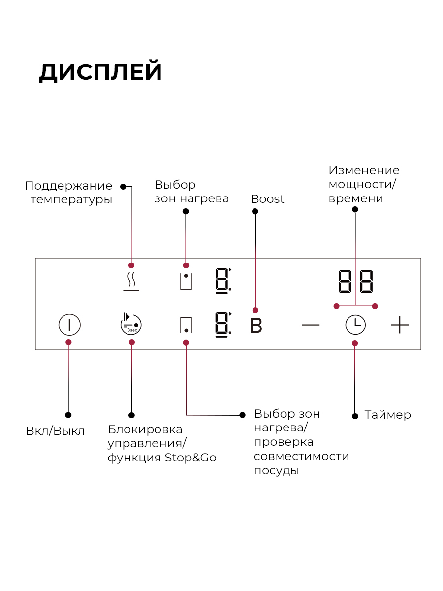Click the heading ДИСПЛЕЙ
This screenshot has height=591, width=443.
tap(100, 72)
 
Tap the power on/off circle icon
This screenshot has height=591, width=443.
tap(69, 325)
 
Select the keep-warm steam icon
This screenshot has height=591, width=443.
tap(131, 281)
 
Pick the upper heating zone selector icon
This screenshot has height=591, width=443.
tap(186, 281)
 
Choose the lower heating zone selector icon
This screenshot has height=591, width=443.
tap(186, 325)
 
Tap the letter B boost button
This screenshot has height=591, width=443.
tap(256, 326)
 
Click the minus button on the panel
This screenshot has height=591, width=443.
tap(311, 325)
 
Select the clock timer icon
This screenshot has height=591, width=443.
tap(355, 325)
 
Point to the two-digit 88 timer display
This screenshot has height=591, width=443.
tap(355, 281)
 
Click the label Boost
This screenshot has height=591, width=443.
tap(267, 199)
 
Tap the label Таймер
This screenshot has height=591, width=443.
tap(387, 415)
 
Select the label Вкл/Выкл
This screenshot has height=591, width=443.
tap(56, 431)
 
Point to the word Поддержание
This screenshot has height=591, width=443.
tap(68, 186)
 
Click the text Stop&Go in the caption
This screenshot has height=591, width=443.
tap(190, 458)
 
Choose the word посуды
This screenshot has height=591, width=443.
tap(277, 471)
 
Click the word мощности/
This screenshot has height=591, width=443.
tap(362, 185)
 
